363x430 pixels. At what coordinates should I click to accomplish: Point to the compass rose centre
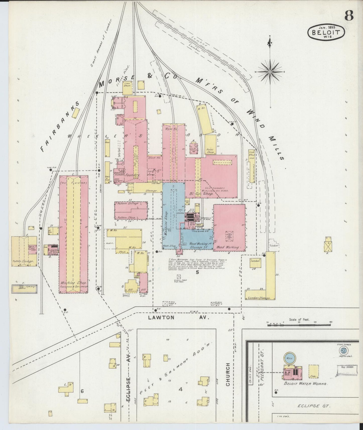(270, 72)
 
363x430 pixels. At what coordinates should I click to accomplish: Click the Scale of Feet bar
(299, 325)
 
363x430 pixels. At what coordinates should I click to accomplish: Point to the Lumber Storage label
(259, 298)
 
